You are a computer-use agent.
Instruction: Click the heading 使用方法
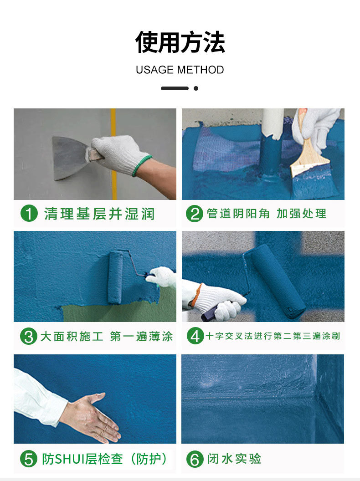click(180, 42)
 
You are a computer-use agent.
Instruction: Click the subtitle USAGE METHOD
click(180, 70)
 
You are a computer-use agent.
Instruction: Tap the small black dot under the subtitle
click(196, 88)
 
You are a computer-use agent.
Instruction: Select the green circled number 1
click(29, 214)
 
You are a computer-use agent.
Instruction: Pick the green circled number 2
click(194, 214)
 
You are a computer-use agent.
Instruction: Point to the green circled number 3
click(29, 337)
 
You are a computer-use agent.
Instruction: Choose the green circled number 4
click(195, 336)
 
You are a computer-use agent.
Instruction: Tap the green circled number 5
click(29, 459)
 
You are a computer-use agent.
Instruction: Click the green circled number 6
click(195, 459)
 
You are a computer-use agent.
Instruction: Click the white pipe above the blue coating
click(273, 123)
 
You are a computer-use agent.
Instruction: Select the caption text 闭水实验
click(234, 459)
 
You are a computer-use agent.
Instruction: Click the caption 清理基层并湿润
click(99, 214)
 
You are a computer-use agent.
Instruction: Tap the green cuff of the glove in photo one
click(142, 166)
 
